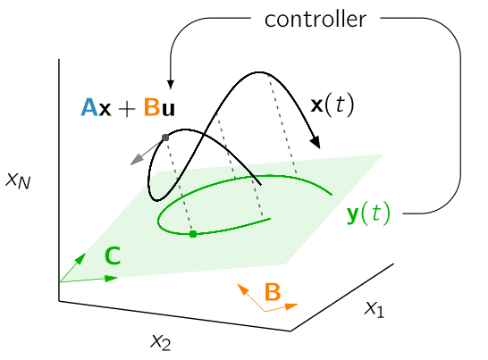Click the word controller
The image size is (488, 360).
pos(316,20)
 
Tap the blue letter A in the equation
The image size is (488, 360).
pos(89,107)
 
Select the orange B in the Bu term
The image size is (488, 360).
pos(152,107)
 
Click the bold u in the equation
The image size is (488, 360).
pos(168,110)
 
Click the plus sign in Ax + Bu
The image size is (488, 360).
pos(127,109)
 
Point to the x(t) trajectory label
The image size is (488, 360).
pos(332,105)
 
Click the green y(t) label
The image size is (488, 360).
pos(368,213)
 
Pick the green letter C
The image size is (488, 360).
pos(113,255)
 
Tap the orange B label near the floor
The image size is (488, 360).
pos(273,292)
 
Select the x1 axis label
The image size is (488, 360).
pos(374,309)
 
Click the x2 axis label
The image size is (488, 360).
pos(161,342)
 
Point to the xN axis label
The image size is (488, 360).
pos(19,180)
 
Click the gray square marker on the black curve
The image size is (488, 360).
pos(165,138)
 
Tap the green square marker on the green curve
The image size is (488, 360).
pos(193,234)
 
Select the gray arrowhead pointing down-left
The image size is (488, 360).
pos(136,160)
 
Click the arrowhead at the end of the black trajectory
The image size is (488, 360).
pos(316,142)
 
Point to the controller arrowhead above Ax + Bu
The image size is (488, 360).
pos(170,85)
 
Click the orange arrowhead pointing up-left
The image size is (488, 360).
pos(243,289)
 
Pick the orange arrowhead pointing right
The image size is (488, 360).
pos(291,306)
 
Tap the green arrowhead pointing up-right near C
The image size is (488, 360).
pos(80,259)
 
